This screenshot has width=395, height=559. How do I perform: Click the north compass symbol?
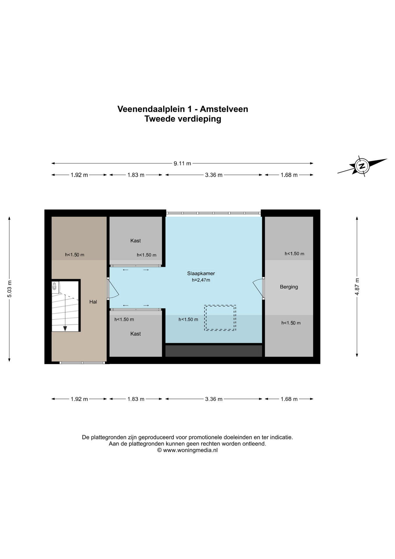click(362, 166)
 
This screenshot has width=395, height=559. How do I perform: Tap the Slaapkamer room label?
click(201, 273)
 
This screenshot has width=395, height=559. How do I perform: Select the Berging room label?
click(289, 287)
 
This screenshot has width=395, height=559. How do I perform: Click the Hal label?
click(93, 302)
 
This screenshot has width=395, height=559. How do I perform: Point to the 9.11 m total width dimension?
click(182, 163)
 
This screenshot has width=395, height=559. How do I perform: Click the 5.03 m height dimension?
click(9, 289)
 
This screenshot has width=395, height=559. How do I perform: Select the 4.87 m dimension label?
click(357, 287)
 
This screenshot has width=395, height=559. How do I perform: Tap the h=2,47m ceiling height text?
click(201, 280)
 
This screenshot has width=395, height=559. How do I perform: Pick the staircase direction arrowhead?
click(65, 328)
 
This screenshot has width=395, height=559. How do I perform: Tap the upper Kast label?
click(136, 241)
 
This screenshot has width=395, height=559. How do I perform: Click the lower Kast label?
click(136, 334)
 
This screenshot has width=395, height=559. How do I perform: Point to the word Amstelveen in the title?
click(224, 109)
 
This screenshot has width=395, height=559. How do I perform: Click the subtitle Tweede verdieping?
click(183, 119)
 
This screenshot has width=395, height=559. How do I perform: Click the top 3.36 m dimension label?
click(214, 175)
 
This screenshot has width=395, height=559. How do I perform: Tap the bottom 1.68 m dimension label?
click(289, 399)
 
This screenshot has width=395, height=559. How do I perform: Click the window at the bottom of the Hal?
click(82, 363)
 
